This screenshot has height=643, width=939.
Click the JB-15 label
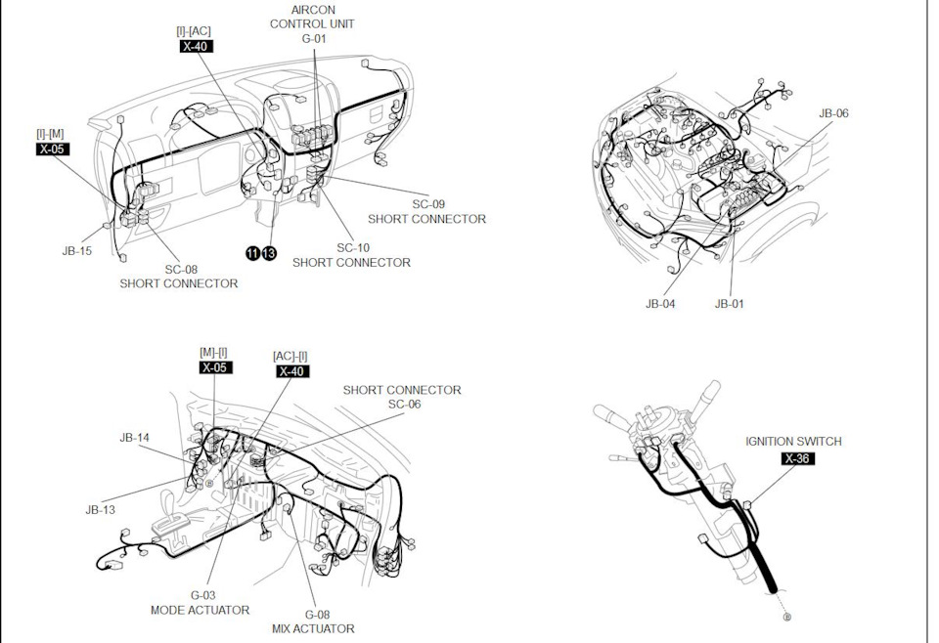(77, 251)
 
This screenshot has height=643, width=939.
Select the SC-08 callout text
(182, 270)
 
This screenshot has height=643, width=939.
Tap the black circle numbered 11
(253, 254)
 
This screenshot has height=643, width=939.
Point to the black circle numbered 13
(269, 254)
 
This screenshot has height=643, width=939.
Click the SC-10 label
(353, 247)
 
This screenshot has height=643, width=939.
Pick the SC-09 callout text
(428, 204)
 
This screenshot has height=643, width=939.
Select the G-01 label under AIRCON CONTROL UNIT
(314, 39)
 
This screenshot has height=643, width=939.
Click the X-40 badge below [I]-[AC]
(197, 46)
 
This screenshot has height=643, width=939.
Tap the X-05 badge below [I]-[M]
(53, 149)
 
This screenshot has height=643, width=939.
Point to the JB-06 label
(833, 113)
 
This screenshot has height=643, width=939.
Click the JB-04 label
(660, 304)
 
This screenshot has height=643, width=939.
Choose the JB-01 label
(729, 304)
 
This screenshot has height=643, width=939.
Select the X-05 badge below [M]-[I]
(215, 367)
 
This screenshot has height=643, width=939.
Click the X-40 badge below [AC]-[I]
(292, 371)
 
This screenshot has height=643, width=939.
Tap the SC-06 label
(404, 405)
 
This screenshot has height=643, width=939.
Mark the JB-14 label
(135, 438)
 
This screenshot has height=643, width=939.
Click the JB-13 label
(100, 510)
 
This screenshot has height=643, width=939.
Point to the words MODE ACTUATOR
(200, 610)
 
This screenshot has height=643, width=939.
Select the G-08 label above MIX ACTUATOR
(317, 615)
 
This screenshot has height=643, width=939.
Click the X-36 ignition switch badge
(798, 458)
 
